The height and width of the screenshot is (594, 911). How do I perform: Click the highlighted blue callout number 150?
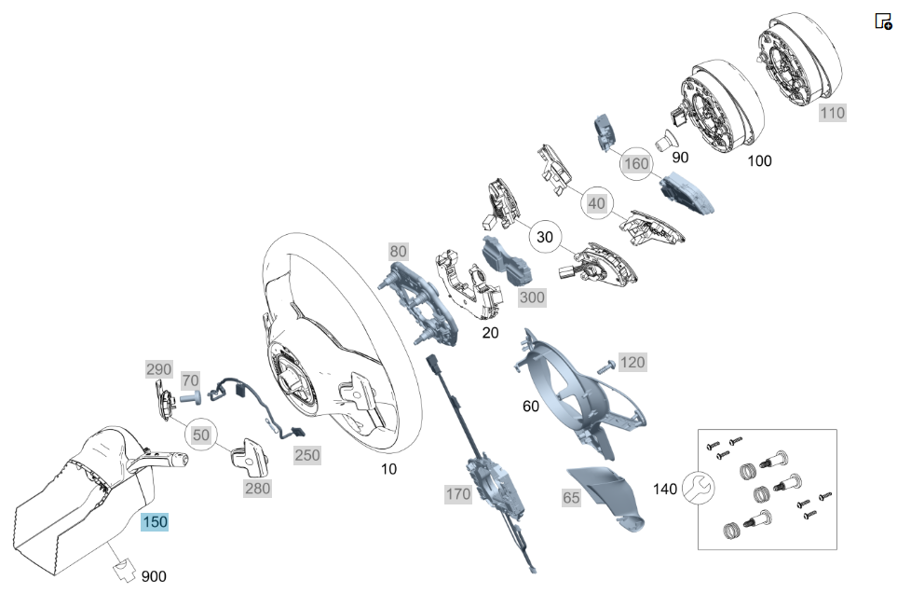(156, 522)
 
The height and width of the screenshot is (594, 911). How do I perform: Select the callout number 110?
(833, 113)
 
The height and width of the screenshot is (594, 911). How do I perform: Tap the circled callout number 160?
(637, 163)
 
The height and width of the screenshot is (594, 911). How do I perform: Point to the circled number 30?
(545, 237)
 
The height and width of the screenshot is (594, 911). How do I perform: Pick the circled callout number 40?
(597, 203)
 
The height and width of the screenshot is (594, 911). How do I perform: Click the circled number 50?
(201, 435)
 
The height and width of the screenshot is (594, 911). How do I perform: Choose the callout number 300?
(532, 297)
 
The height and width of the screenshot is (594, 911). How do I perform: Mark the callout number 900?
(154, 576)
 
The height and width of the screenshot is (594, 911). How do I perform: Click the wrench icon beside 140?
(698, 488)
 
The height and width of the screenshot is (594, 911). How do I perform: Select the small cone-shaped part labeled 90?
(665, 142)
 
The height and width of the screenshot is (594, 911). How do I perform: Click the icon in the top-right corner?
(883, 21)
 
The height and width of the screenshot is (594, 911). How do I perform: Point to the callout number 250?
(307, 455)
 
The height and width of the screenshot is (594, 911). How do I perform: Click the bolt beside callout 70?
(191, 398)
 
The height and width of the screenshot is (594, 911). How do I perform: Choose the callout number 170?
(458, 494)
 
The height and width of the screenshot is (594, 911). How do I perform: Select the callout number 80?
(398, 252)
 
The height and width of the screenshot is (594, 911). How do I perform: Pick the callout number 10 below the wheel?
(388, 469)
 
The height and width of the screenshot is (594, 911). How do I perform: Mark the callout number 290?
(158, 369)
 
